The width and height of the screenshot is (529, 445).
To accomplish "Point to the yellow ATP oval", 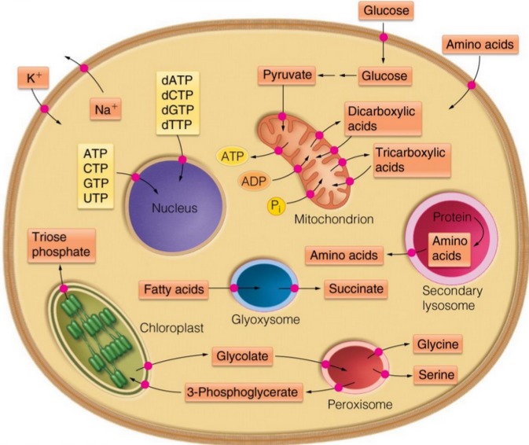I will pos(232,156).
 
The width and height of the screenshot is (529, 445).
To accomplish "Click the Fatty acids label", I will pos(174,289).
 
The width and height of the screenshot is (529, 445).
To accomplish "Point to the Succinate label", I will pos(356,289).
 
